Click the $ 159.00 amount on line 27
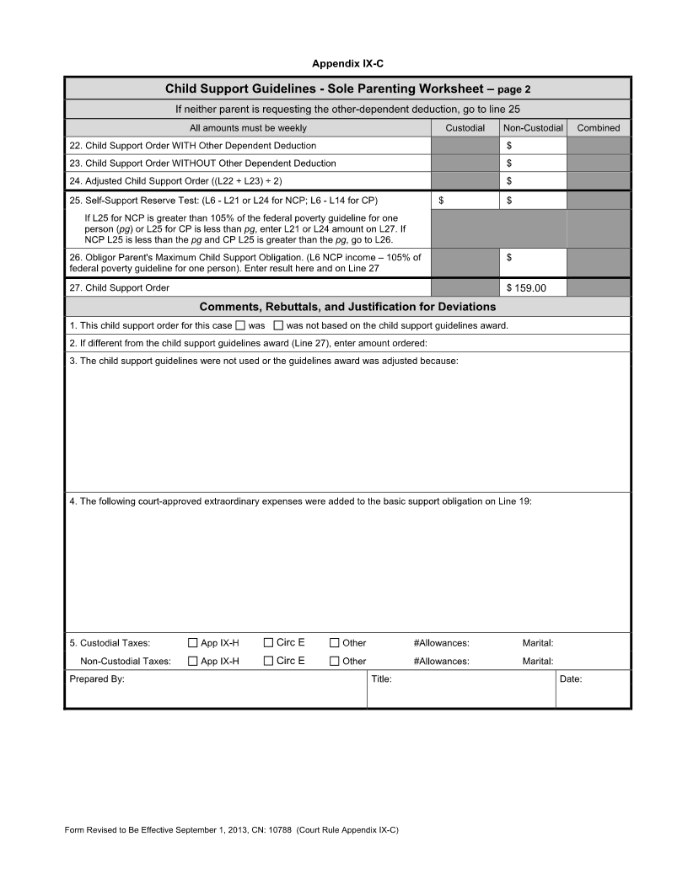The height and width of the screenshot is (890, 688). (x=526, y=288)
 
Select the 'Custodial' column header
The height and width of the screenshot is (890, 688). (x=465, y=128)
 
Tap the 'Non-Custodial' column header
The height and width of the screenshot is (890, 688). (x=532, y=128)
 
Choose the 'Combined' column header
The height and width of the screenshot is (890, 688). (x=598, y=128)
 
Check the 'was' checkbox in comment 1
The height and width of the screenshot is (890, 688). (x=240, y=325)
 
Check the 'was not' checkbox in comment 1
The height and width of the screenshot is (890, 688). (x=278, y=325)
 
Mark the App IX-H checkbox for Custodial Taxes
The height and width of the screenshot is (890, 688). (x=193, y=643)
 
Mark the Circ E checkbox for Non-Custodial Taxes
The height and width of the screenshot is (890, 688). (x=269, y=662)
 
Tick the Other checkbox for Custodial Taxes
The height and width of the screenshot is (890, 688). (x=335, y=643)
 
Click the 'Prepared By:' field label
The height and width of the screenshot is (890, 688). (x=97, y=678)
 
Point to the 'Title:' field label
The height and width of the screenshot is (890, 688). (x=381, y=678)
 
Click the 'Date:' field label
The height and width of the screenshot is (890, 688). (x=571, y=678)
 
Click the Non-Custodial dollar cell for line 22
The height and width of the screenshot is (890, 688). (x=532, y=146)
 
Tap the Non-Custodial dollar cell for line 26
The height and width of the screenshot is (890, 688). (x=532, y=262)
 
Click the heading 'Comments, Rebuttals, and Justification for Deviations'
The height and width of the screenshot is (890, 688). (x=347, y=307)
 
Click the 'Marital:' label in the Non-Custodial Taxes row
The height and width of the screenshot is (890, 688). (x=538, y=662)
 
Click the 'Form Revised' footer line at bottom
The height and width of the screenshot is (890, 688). (x=231, y=830)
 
